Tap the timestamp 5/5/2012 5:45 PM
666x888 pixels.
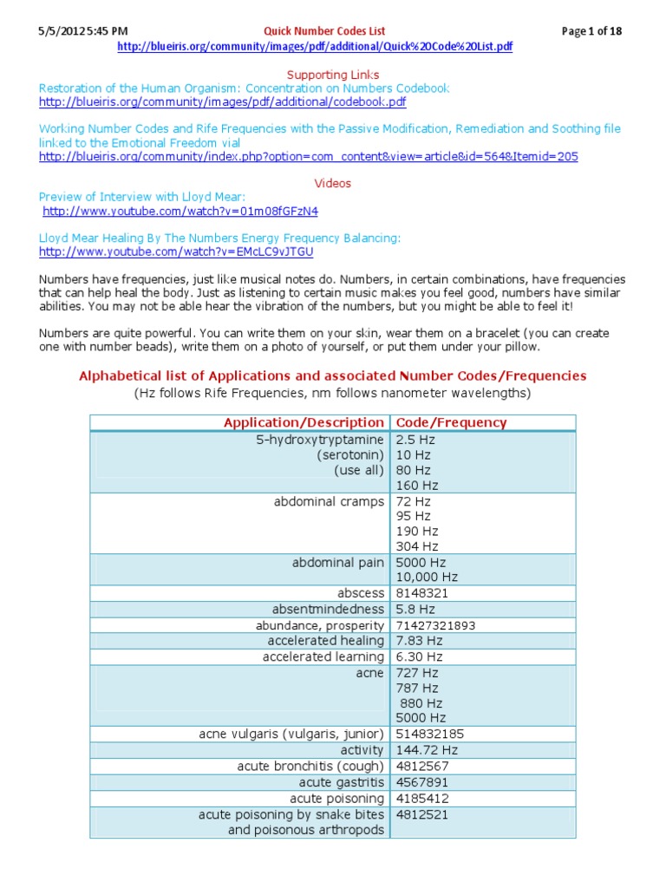coord(82,31)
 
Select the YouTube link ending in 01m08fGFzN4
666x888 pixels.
coord(180,211)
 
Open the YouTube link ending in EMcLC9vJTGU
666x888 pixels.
coord(176,251)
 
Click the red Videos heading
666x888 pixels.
coord(332,183)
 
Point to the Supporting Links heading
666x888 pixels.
coord(332,75)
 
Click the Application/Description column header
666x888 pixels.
coord(303,422)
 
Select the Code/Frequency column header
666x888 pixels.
coord(451,422)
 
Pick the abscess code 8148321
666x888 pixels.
coord(424,593)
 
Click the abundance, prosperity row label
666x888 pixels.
coord(319,625)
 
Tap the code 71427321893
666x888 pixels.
coord(436,625)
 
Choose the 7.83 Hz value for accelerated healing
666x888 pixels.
coord(419,641)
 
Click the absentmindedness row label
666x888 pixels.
coord(328,609)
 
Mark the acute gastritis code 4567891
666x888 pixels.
coord(424,782)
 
